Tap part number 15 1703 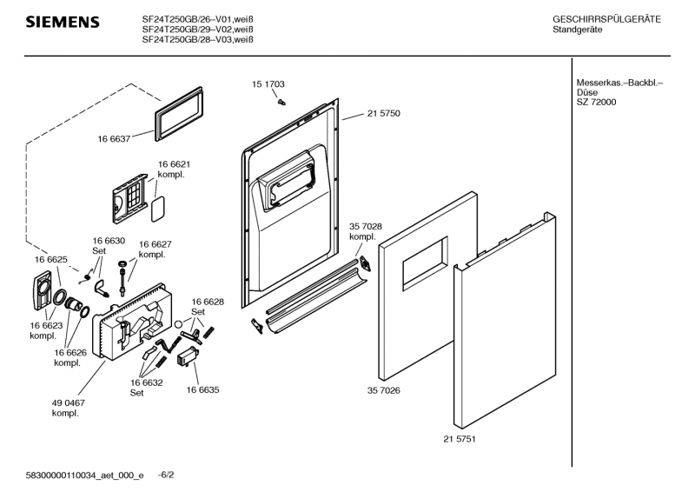[268, 84]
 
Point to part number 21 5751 [460, 439]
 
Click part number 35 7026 [383, 391]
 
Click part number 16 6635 [202, 390]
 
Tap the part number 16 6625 [51, 260]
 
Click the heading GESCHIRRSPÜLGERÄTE [606, 19]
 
